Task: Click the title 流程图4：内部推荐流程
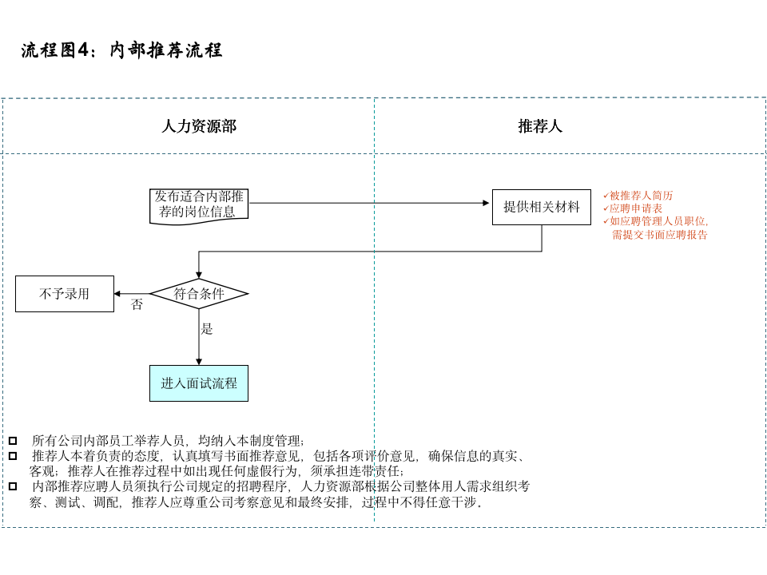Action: click(x=121, y=51)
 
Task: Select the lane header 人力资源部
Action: click(x=199, y=126)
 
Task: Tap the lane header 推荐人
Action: click(x=540, y=126)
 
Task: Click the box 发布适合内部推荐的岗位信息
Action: click(x=199, y=204)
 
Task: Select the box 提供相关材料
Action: click(x=541, y=208)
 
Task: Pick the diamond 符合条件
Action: click(x=199, y=294)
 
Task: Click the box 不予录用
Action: click(x=65, y=294)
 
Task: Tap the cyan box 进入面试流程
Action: click(x=199, y=383)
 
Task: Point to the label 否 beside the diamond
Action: click(x=137, y=305)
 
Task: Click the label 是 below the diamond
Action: click(x=207, y=329)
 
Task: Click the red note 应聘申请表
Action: click(x=636, y=208)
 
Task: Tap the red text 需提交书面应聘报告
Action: click(x=659, y=235)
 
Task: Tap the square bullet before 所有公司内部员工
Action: click(x=13, y=441)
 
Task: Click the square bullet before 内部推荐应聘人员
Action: click(x=13, y=486)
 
